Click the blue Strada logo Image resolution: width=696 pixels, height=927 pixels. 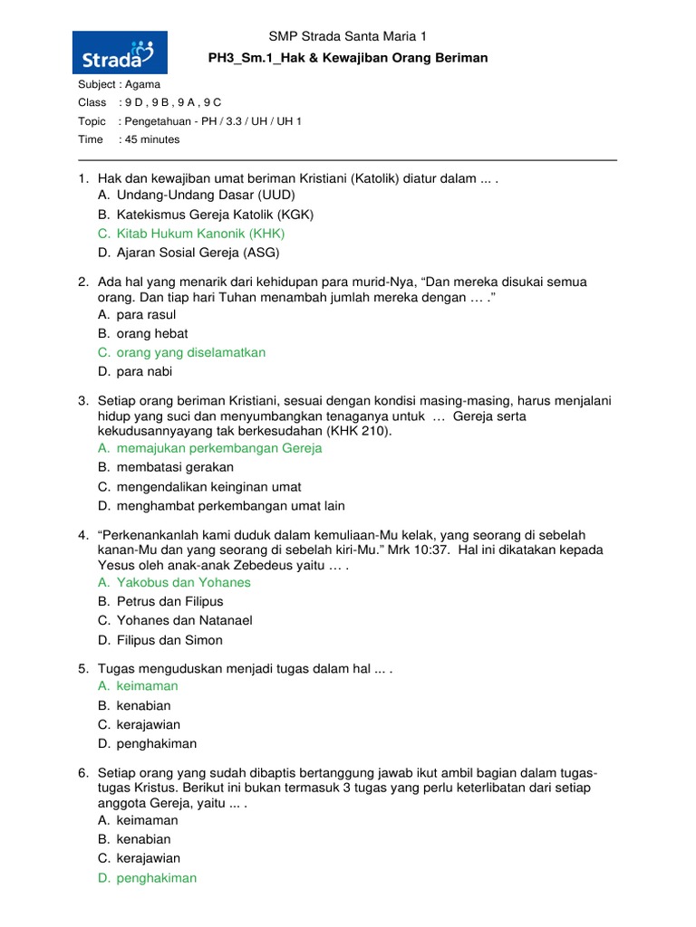(120, 53)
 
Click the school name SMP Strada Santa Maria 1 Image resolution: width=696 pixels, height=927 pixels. (347, 36)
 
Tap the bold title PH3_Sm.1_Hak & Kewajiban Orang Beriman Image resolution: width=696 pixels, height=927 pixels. (348, 58)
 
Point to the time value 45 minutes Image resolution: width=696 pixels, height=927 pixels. (152, 139)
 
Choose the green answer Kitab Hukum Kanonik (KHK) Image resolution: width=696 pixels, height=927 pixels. (200, 234)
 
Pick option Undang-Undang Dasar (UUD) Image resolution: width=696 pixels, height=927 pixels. (206, 195)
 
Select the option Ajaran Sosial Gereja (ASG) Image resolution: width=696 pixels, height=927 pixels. (198, 253)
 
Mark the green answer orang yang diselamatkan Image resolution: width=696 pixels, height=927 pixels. (191, 352)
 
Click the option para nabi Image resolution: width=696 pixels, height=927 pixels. (144, 371)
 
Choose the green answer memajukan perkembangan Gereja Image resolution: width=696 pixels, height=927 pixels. (219, 448)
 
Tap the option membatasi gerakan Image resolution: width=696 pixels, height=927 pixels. (175, 467)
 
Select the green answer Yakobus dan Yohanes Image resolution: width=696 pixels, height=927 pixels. (184, 582)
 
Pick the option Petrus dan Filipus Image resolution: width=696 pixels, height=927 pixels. (169, 601)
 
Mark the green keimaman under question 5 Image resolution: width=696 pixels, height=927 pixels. (148, 686)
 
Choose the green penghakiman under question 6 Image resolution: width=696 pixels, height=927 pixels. (157, 877)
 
